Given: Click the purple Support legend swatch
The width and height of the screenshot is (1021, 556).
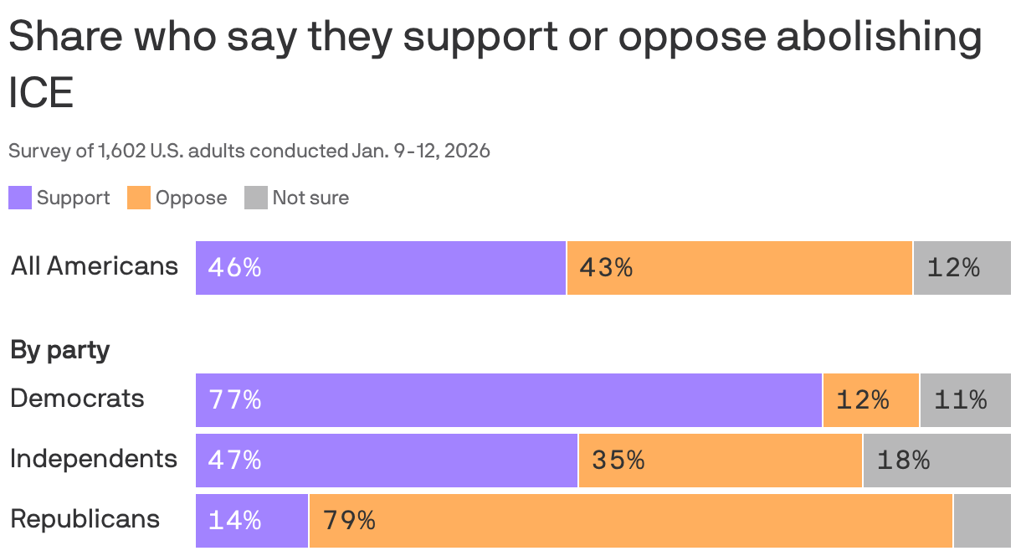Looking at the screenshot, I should pyautogui.click(x=20, y=198).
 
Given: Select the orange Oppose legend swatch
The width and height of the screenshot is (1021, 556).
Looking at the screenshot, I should pyautogui.click(x=139, y=198).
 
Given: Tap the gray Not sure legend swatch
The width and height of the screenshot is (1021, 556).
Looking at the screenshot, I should pyautogui.click(x=256, y=198).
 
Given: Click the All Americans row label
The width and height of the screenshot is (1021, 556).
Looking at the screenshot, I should pyautogui.click(x=95, y=266).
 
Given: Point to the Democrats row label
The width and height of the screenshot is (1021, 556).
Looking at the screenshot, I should pyautogui.click(x=77, y=399).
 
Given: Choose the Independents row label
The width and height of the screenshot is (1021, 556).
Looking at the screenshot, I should pyautogui.click(x=94, y=459).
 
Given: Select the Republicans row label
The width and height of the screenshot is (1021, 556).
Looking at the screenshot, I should pyautogui.click(x=85, y=519).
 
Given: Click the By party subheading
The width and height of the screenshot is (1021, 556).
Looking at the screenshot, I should pyautogui.click(x=60, y=350).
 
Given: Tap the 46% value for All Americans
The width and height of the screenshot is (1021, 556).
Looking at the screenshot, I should pyautogui.click(x=234, y=268).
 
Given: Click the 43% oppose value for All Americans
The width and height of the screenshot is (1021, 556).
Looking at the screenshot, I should pyautogui.click(x=606, y=268).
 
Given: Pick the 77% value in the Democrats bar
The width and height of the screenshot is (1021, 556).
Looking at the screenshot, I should pyautogui.click(x=234, y=400).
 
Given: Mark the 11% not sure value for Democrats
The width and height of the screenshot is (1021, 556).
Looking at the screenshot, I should pyautogui.click(x=960, y=400).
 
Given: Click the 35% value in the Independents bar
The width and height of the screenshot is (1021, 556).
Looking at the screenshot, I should pyautogui.click(x=618, y=461).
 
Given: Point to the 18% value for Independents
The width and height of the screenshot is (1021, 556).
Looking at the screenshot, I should pyautogui.click(x=903, y=461).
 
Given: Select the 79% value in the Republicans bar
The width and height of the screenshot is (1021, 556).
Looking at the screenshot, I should pyautogui.click(x=349, y=521).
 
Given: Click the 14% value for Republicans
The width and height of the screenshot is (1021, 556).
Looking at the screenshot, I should pyautogui.click(x=234, y=521).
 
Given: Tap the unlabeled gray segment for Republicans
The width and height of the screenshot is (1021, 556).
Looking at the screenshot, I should pyautogui.click(x=982, y=521).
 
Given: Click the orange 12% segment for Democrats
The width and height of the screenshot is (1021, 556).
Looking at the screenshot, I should pyautogui.click(x=863, y=400).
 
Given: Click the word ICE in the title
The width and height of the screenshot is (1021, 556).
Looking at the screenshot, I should pyautogui.click(x=41, y=93).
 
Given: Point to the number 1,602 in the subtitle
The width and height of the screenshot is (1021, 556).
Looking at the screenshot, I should pyautogui.click(x=121, y=152).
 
